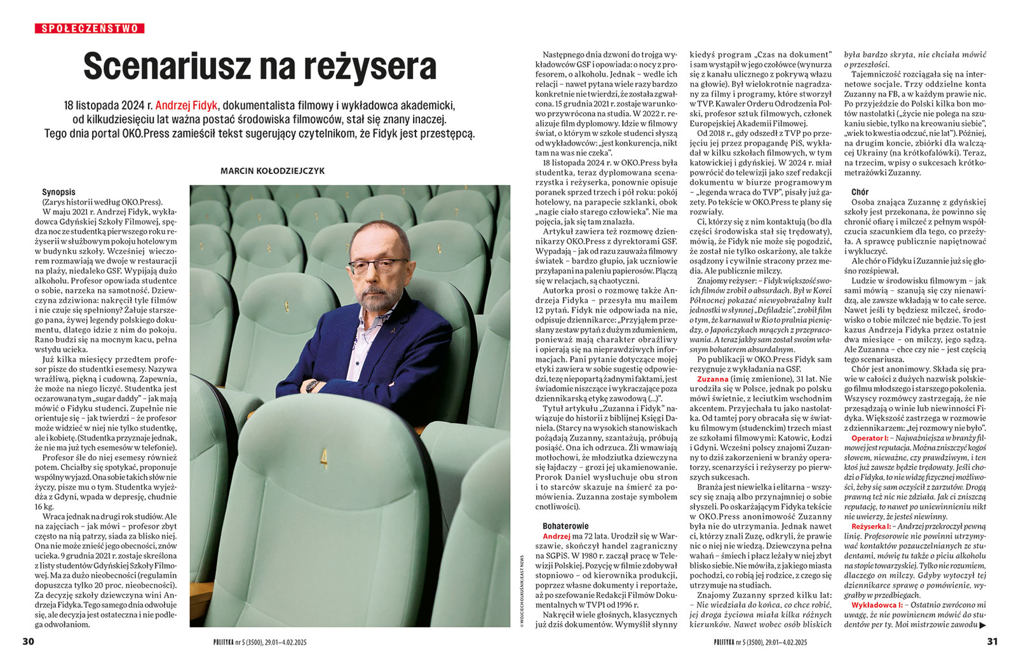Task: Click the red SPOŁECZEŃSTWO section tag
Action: pos(90,28)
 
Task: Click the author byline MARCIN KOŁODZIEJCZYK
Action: pos(273,171)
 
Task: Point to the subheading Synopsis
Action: pos(58,192)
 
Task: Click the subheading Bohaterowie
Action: pos(565,526)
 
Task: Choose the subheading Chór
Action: pos(860,192)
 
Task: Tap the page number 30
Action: pos(28,642)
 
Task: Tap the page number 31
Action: pos(992,642)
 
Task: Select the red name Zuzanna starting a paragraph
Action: pos(712,379)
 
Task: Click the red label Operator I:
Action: pos(870,438)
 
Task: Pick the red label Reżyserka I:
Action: pos(872,527)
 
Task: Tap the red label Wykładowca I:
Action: pos(874,605)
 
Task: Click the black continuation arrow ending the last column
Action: pos(983,625)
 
